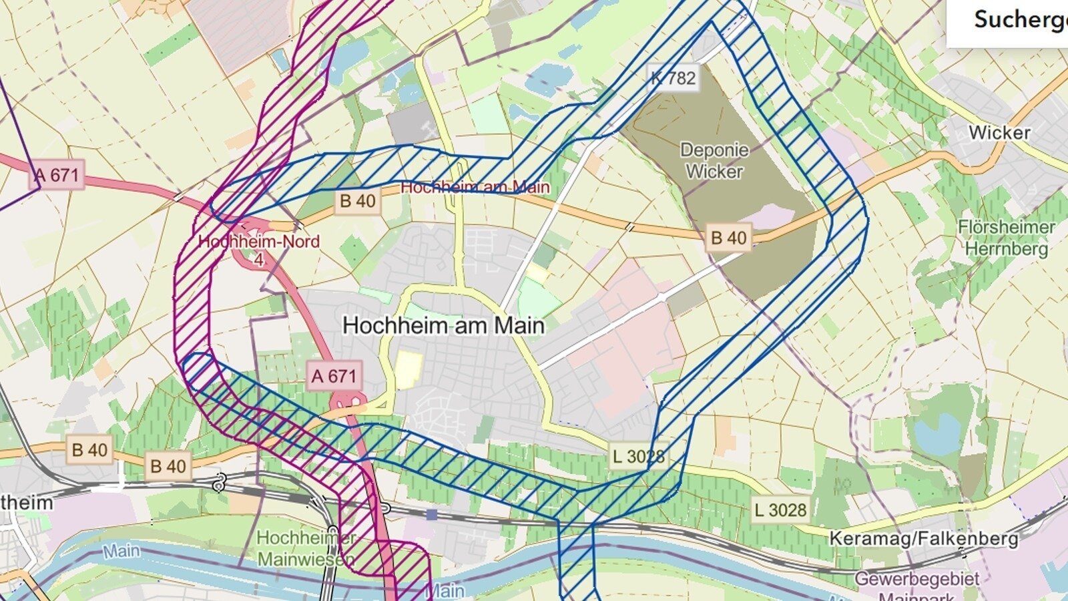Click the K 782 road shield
[673, 78]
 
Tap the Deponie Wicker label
[714, 161]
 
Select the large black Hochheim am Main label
[443, 326]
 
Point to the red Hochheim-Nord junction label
[259, 242]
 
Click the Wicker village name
[999, 133]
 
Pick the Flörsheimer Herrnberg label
[1007, 238]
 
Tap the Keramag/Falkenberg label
[924, 538]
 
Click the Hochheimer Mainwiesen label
[306, 548]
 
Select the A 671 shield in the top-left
[57, 176]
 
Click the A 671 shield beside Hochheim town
[334, 377]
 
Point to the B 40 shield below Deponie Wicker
[728, 238]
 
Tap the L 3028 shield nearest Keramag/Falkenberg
[780, 510]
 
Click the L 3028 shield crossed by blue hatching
[638, 457]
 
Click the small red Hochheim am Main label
[475, 188]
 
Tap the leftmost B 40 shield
[89, 450]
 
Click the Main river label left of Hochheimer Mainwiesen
[121, 551]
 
